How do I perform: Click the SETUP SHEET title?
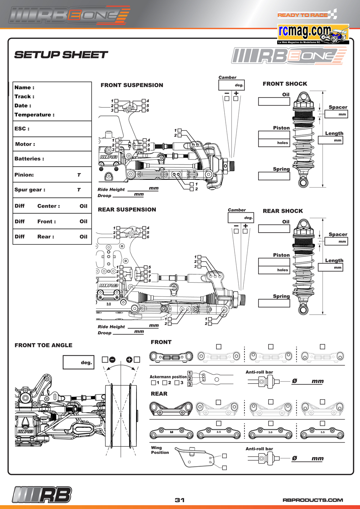61,55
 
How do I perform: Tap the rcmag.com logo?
313,34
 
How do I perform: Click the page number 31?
180,500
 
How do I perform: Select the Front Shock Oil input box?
274,102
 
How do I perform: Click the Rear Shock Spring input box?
274,303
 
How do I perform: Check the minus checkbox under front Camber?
227,98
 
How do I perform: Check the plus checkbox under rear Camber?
245,231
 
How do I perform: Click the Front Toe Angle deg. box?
78,362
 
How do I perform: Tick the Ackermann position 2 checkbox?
165,383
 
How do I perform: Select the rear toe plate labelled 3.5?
322,433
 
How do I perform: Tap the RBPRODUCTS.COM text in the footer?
313,500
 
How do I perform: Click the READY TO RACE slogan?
302,15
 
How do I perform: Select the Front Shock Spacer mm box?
336,114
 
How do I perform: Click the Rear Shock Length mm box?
330,267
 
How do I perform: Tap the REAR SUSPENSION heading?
127,210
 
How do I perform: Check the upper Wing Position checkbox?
224,456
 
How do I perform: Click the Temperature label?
34,115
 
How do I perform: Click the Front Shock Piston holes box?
274,143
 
